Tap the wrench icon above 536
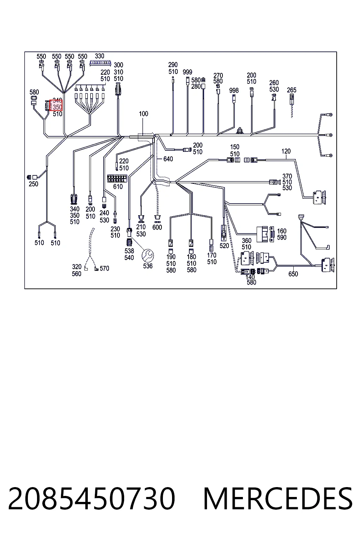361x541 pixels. (147, 255)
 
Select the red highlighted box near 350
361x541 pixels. (56, 105)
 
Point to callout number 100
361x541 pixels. (143, 114)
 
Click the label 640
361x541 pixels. (168, 159)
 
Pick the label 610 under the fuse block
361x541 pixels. (118, 186)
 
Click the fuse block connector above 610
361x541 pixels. (117, 179)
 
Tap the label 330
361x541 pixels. (99, 56)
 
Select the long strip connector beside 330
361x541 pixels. (100, 63)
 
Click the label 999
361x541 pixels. (188, 72)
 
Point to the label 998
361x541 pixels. (234, 91)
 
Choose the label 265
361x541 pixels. (292, 90)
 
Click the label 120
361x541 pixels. (286, 151)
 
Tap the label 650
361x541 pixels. (293, 274)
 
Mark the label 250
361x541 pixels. (33, 184)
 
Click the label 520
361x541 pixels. (224, 245)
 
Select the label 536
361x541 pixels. (148, 266)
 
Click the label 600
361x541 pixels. (157, 227)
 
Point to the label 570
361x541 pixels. (104, 268)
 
